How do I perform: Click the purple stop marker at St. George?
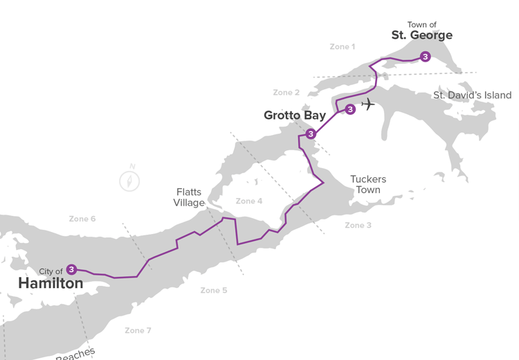(425, 57)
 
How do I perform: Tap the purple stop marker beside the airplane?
(350, 109)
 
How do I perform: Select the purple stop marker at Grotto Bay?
(311, 134)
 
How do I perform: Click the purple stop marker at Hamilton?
(71, 269)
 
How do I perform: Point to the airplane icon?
(368, 105)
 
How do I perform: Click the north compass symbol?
(129, 179)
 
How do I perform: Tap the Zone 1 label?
(342, 47)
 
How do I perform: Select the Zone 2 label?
(286, 93)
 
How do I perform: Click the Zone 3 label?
(358, 226)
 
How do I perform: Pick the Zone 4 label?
(249, 201)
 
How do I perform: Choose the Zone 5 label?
(213, 291)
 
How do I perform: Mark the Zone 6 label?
(82, 219)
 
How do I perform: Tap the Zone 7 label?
(138, 331)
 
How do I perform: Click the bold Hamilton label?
(51, 284)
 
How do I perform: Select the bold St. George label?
(421, 35)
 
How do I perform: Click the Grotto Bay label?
(295, 116)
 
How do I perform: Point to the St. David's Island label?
(472, 96)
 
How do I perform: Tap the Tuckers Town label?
(368, 184)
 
